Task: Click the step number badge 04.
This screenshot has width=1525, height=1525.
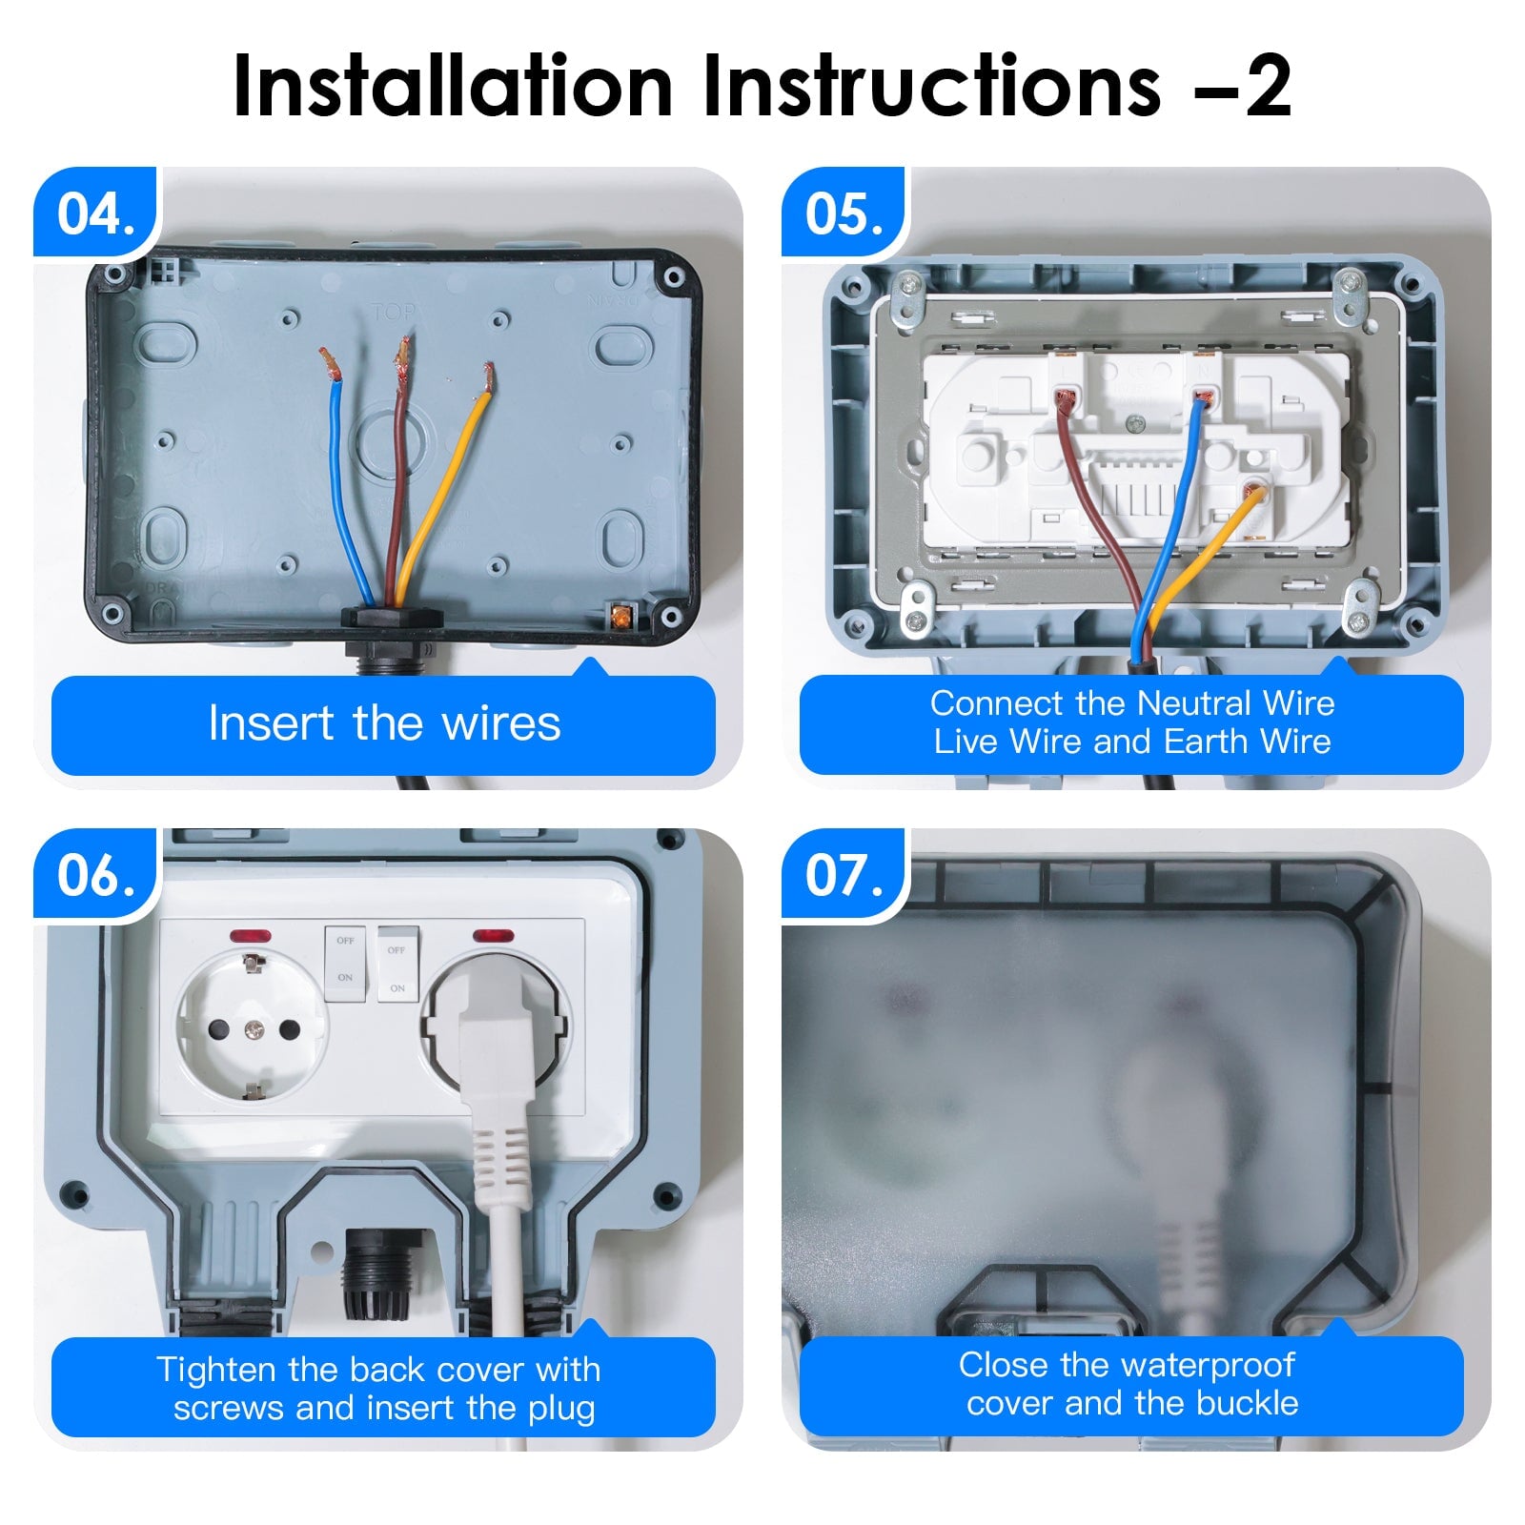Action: (95, 213)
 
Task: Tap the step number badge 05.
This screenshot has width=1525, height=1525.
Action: (844, 213)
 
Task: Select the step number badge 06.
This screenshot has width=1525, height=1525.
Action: (95, 875)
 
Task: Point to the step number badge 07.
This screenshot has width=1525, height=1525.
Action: (844, 875)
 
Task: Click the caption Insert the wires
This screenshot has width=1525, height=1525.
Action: (383, 723)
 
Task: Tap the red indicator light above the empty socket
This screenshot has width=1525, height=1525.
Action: (251, 936)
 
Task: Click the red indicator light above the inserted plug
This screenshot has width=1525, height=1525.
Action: (493, 935)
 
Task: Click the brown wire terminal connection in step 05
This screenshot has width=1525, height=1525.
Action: (1066, 397)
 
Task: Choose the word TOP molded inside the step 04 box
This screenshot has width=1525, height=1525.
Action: (393, 313)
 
